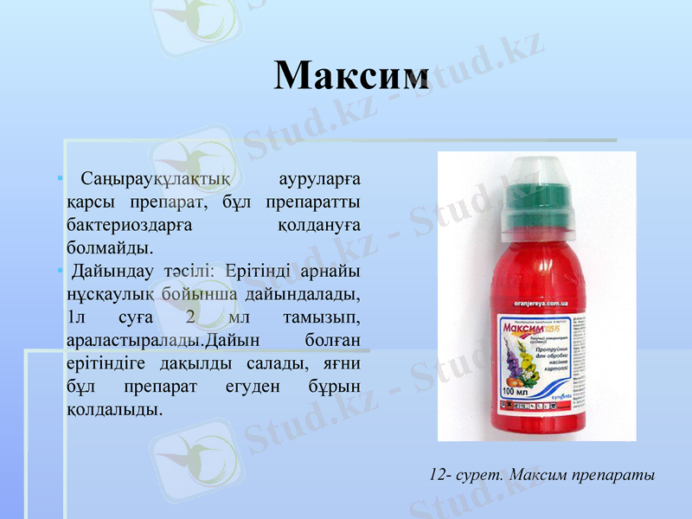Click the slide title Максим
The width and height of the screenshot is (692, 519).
tap(351, 75)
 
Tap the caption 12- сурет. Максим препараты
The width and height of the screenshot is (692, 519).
tap(541, 475)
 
